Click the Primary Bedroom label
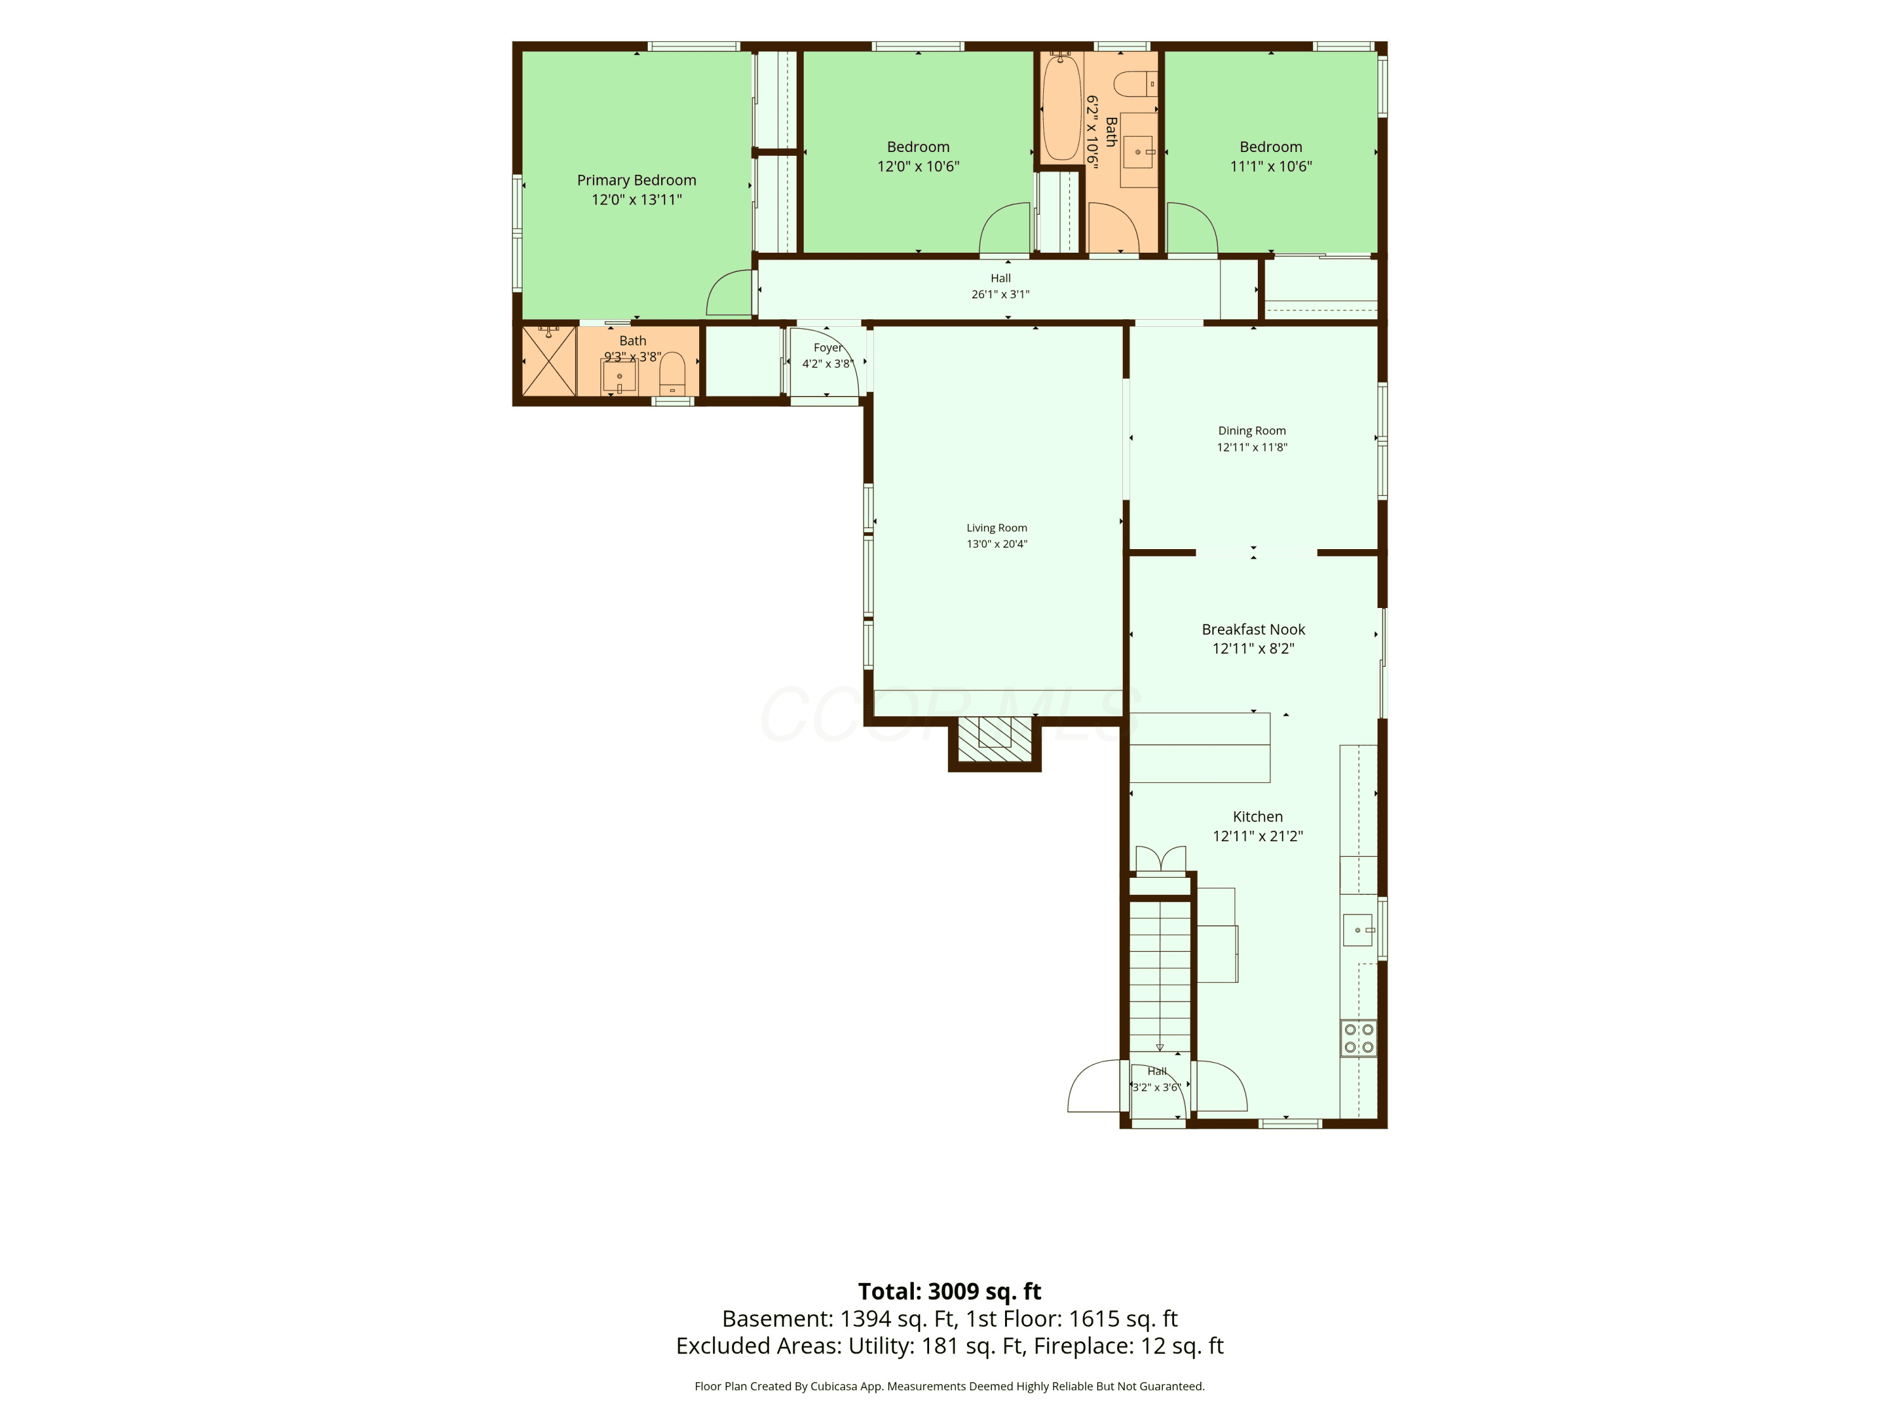click(636, 180)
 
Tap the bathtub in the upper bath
click(1061, 106)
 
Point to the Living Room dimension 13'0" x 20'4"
click(996, 543)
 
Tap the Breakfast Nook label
click(1253, 630)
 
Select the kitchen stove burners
click(1359, 1037)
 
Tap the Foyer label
click(828, 348)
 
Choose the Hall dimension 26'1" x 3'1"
click(1000, 294)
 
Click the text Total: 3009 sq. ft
click(949, 1291)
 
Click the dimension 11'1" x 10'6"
click(1270, 167)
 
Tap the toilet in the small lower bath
click(672, 374)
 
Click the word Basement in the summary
click(776, 1319)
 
